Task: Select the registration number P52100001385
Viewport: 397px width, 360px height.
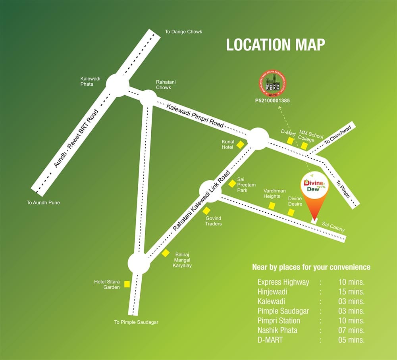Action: pyautogui.click(x=272, y=101)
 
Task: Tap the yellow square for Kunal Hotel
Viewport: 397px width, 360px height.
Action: pyautogui.click(x=240, y=145)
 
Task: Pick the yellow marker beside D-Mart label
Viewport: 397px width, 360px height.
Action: pyautogui.click(x=290, y=141)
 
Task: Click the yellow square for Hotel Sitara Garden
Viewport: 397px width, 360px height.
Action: pyautogui.click(x=127, y=284)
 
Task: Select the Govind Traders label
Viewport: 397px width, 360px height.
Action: pyautogui.click(x=213, y=221)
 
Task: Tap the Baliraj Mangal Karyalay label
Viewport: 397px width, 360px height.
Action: pyautogui.click(x=182, y=260)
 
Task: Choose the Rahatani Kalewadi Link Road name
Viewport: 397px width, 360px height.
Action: pyautogui.click(x=201, y=201)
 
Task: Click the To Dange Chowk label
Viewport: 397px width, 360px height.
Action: pyautogui.click(x=183, y=32)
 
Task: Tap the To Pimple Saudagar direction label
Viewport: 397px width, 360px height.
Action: pyautogui.click(x=136, y=322)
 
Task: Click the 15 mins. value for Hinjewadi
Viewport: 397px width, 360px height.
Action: pyautogui.click(x=351, y=292)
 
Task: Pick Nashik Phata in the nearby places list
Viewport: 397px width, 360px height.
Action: pyautogui.click(x=277, y=330)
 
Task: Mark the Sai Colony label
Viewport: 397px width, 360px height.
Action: pyautogui.click(x=333, y=227)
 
